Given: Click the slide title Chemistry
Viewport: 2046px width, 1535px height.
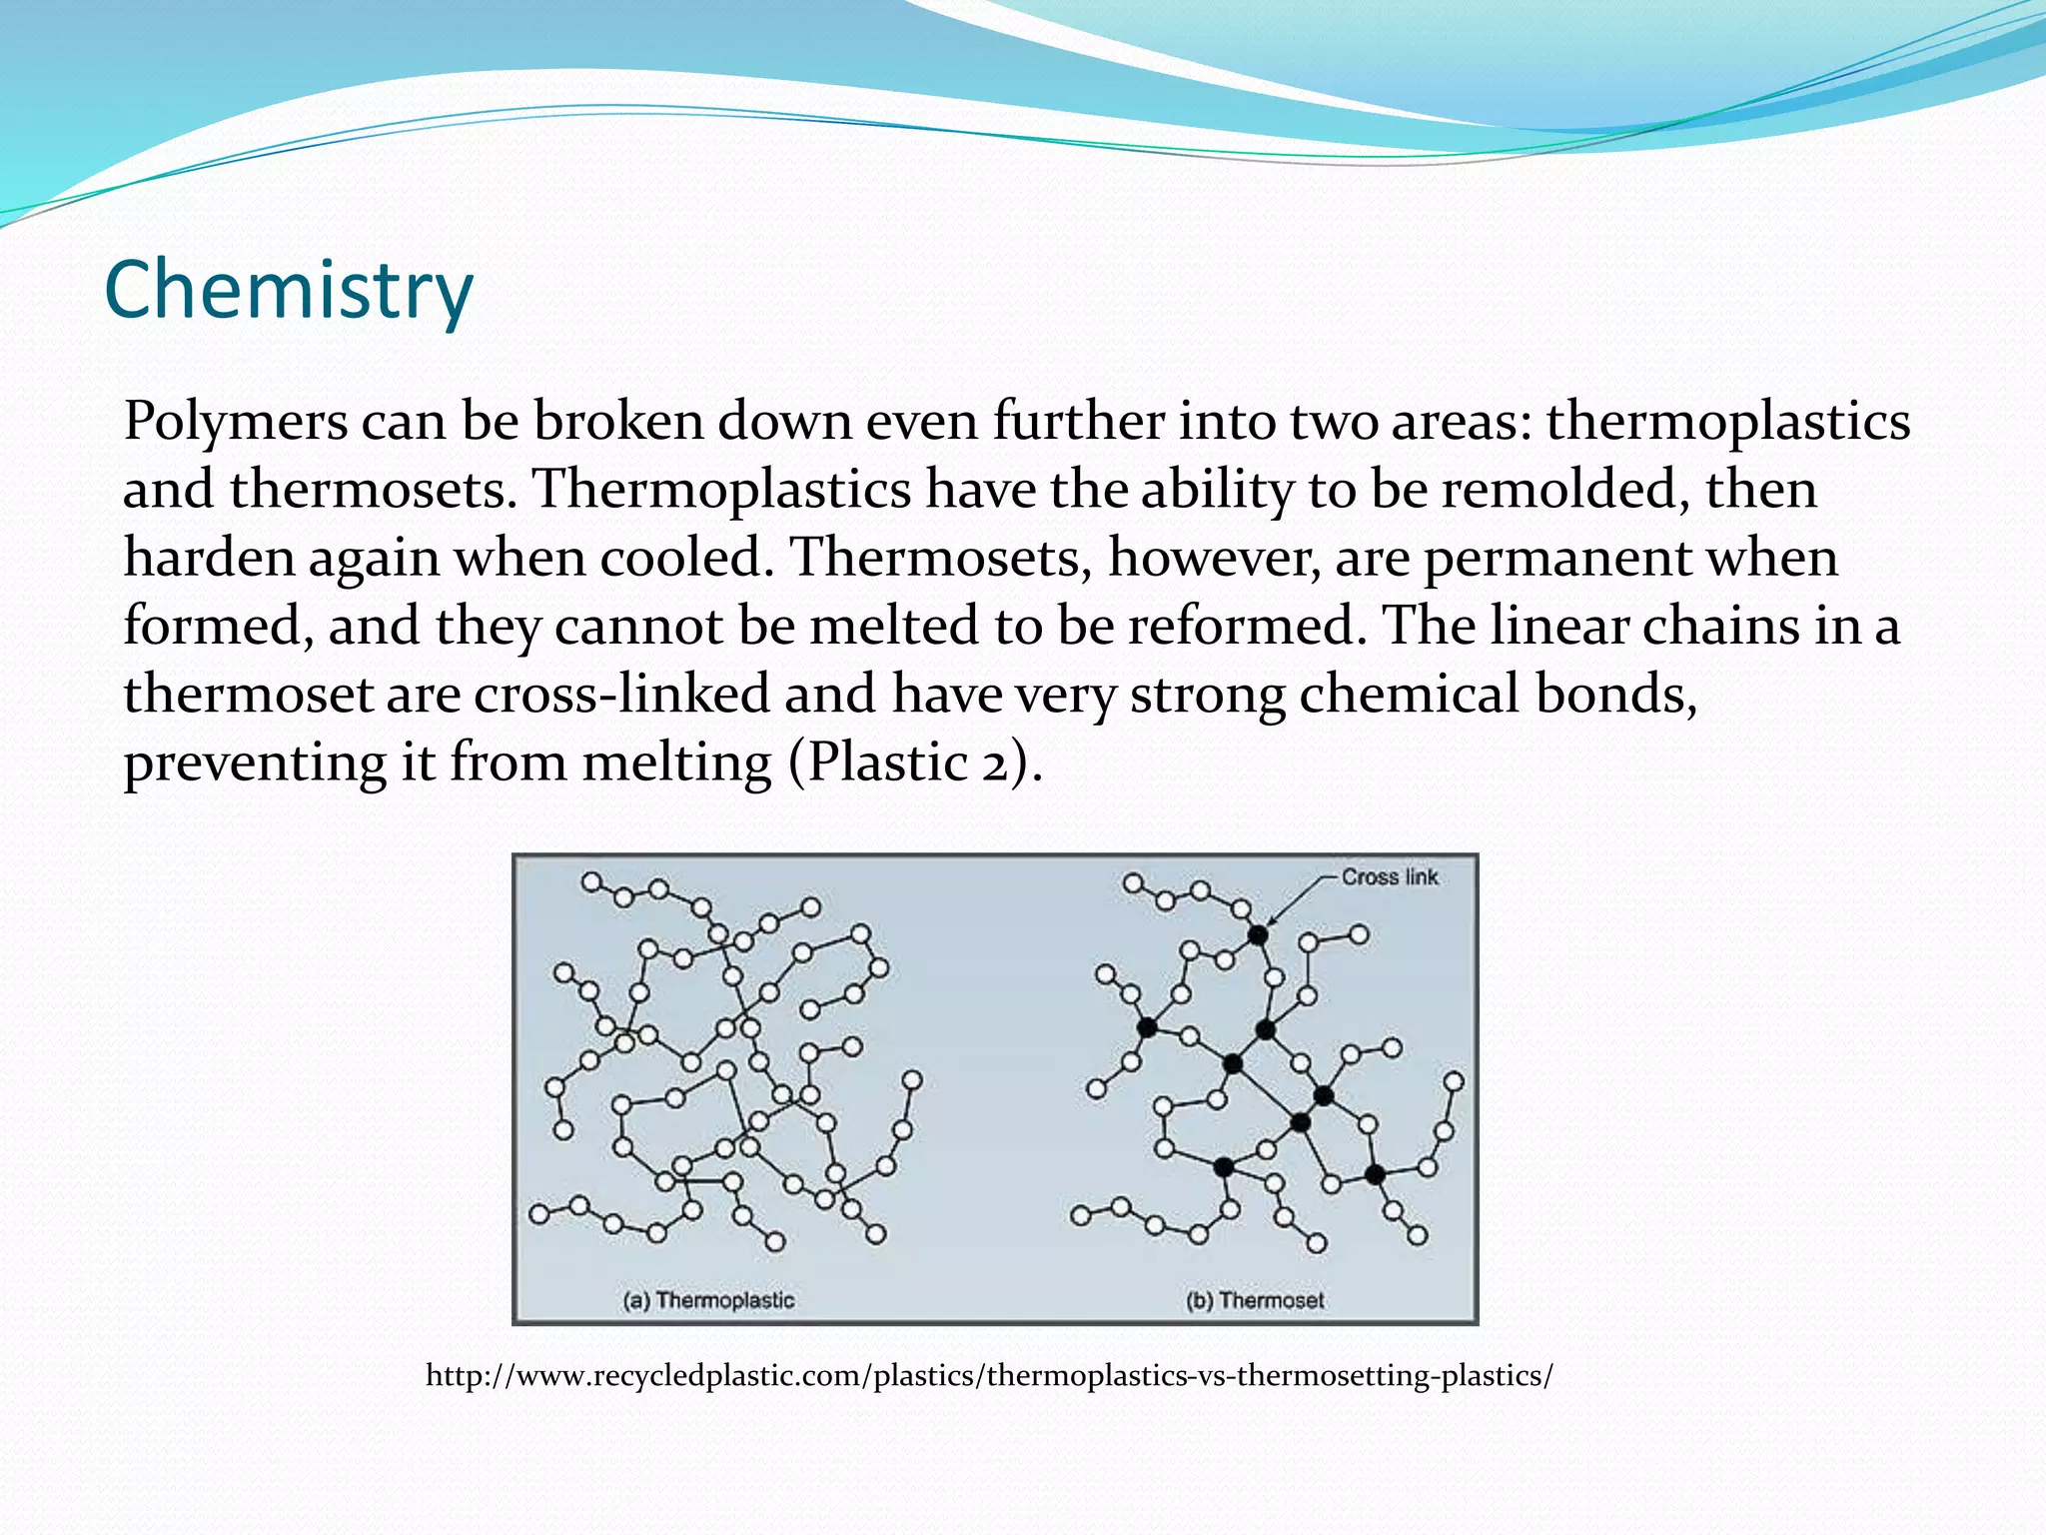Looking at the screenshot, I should [x=288, y=290].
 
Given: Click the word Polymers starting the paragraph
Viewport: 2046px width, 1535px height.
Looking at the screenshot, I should [x=235, y=423].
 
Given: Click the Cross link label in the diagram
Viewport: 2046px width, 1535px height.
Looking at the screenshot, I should [x=1389, y=877].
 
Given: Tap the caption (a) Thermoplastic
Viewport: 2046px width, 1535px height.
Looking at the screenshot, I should [x=708, y=1300].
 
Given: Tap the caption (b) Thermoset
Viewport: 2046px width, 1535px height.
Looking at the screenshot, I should [x=1255, y=1300].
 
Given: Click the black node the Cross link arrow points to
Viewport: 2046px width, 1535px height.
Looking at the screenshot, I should [x=1258, y=935].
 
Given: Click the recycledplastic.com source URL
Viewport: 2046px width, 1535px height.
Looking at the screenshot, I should [x=989, y=1376].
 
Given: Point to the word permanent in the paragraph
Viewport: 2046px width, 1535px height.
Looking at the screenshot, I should [x=1557, y=558].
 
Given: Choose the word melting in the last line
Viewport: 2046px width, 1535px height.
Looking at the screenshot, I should [x=676, y=763].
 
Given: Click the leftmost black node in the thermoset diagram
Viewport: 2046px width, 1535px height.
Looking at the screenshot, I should [x=1147, y=1027].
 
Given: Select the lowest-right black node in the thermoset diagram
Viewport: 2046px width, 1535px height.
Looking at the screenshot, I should [x=1375, y=1175].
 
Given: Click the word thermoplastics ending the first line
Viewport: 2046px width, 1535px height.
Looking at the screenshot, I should [x=1727, y=423].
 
